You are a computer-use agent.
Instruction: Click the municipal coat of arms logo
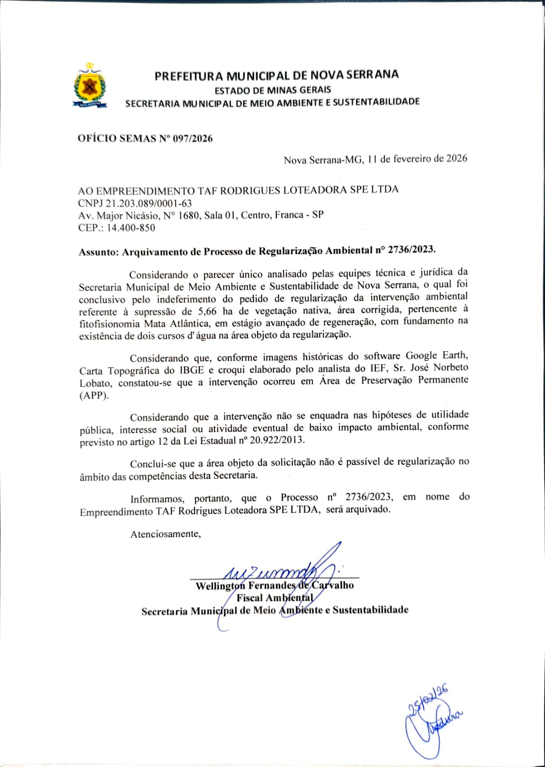[90, 85]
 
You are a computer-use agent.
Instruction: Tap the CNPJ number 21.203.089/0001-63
[148, 203]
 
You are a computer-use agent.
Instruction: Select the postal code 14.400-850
[131, 228]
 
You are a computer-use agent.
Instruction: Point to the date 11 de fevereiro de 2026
[417, 159]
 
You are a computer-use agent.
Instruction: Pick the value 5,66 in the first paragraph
[208, 311]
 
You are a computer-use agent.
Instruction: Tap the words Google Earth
[436, 356]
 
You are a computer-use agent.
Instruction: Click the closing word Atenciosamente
[165, 534]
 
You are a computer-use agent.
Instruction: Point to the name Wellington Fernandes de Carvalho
[274, 585]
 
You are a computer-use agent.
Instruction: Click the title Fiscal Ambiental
[274, 598]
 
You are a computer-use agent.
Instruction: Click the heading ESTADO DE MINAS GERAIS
[272, 90]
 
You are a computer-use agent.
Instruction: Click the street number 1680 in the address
[188, 216]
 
